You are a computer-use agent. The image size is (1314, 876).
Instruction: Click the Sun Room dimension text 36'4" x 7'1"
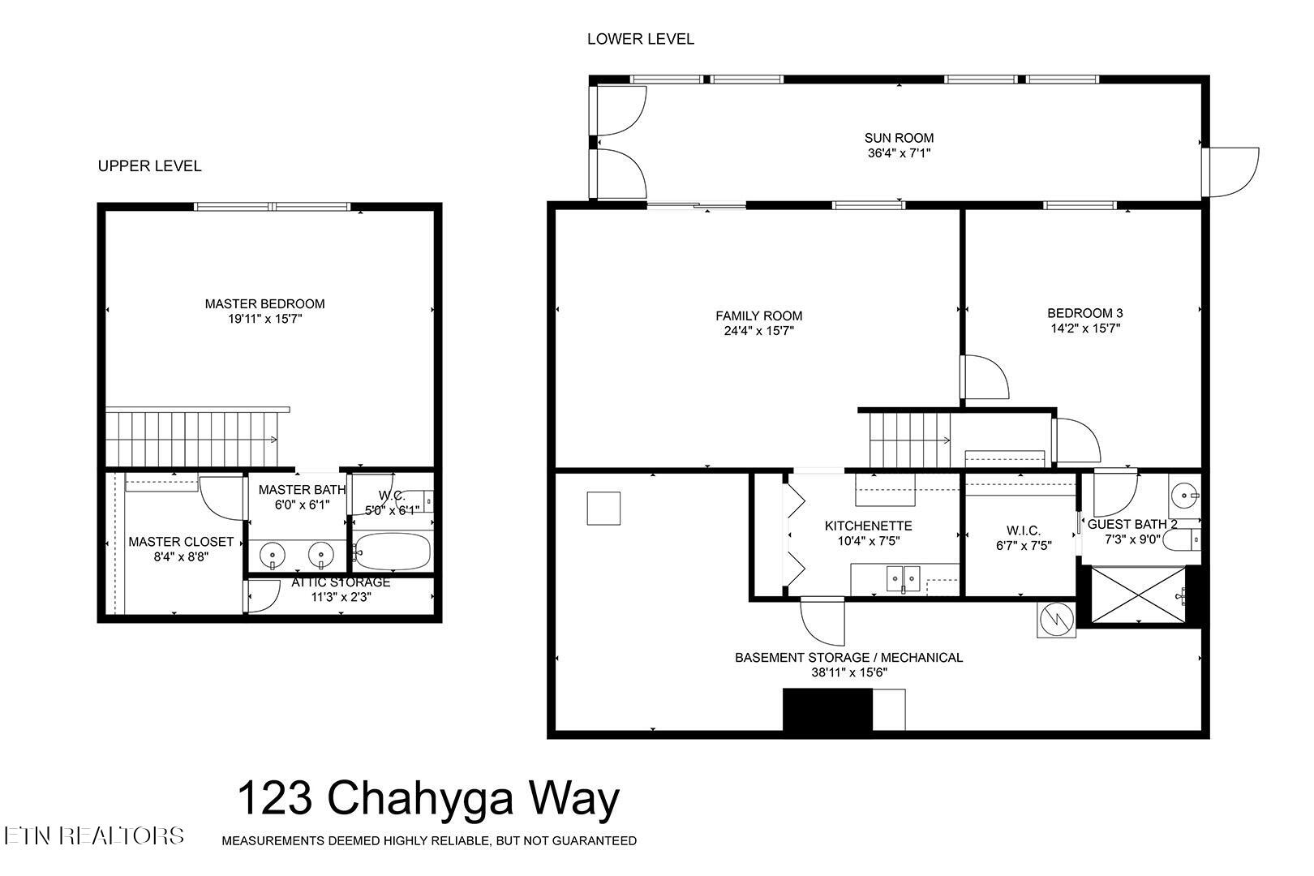pyautogui.click(x=898, y=152)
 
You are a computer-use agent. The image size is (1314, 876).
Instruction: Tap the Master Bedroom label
pyautogui.click(x=264, y=303)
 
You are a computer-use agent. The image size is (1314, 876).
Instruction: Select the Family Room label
pyautogui.click(x=758, y=316)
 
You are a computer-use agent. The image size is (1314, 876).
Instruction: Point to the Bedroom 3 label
pyautogui.click(x=1084, y=313)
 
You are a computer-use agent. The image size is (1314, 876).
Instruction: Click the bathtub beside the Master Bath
pyautogui.click(x=392, y=552)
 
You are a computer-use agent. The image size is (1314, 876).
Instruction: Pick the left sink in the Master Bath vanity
pyautogui.click(x=273, y=556)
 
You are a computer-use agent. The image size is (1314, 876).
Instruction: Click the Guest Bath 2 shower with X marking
pyautogui.click(x=1138, y=596)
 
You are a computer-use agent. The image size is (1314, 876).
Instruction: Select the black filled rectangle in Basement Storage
pyautogui.click(x=827, y=710)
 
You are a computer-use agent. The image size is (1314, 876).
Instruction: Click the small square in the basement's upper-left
pyautogui.click(x=603, y=509)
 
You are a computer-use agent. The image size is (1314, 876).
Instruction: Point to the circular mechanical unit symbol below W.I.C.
pyautogui.click(x=1057, y=620)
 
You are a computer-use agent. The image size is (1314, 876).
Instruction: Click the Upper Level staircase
pyautogui.click(x=195, y=438)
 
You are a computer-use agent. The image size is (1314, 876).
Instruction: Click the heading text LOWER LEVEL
pyautogui.click(x=640, y=39)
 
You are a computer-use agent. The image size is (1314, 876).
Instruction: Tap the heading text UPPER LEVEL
pyautogui.click(x=149, y=166)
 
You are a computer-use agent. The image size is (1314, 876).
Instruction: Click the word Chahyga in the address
pyautogui.click(x=420, y=798)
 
